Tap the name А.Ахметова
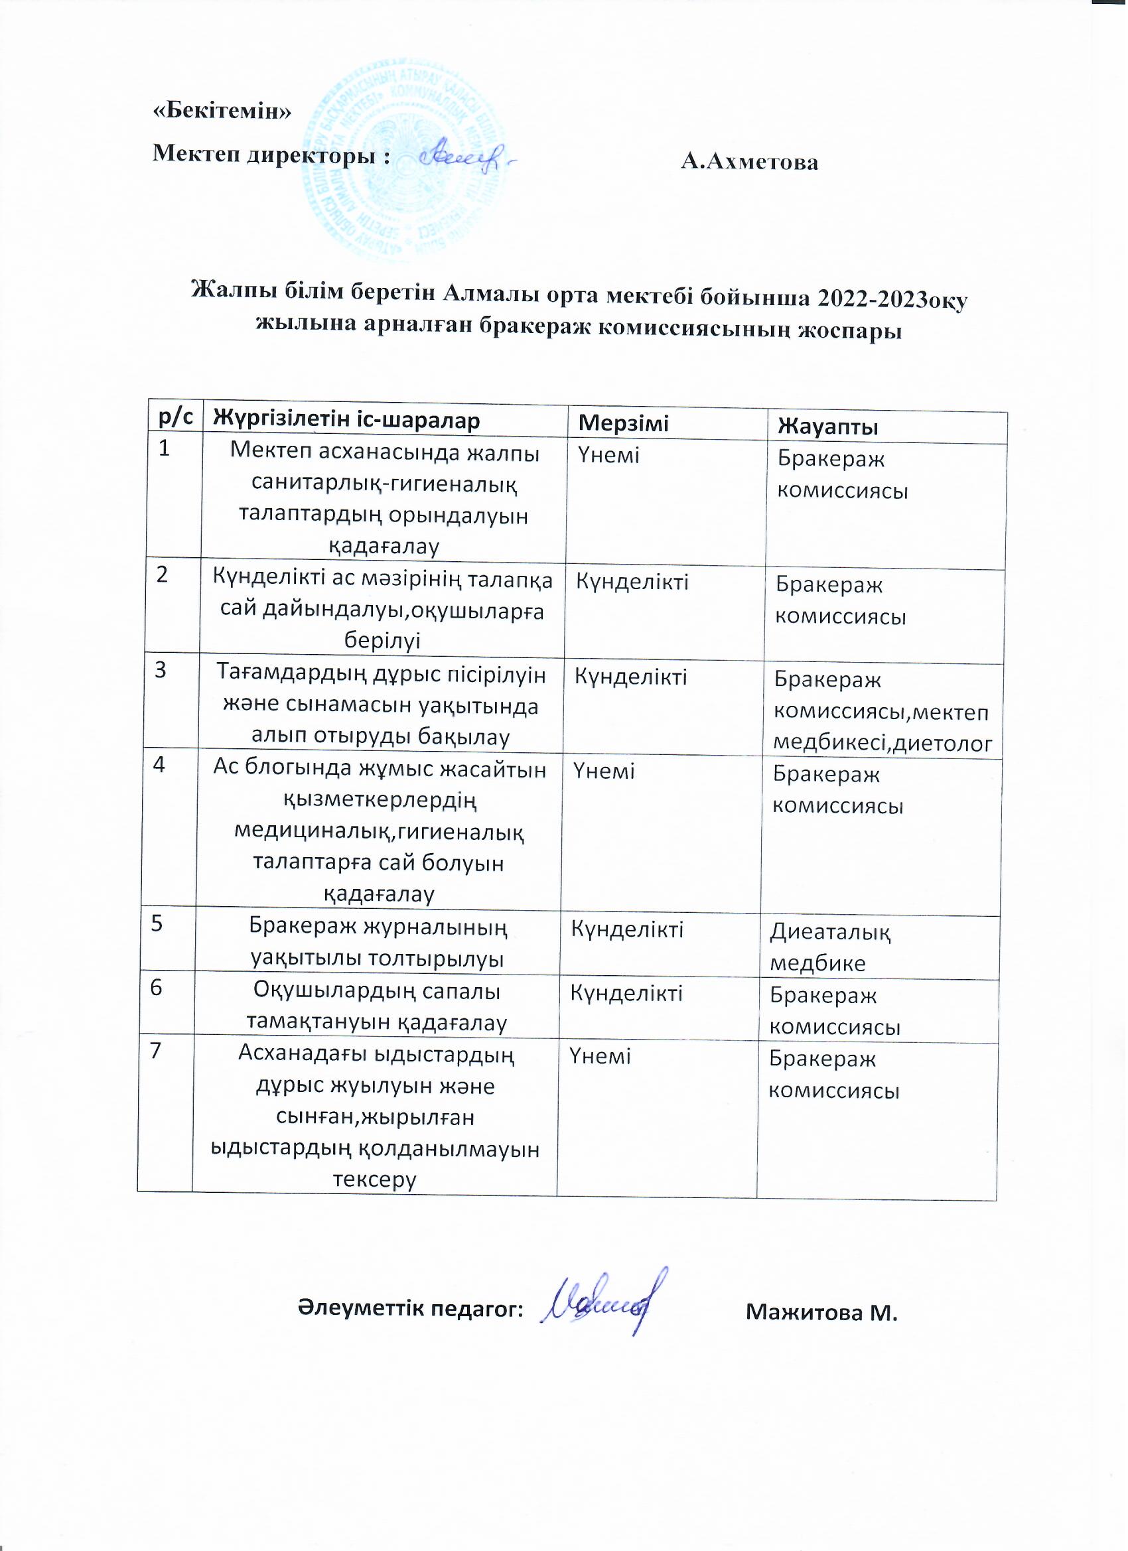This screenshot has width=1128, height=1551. [750, 162]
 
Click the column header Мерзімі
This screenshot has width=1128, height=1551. [623, 423]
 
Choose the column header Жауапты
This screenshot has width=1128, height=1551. [827, 427]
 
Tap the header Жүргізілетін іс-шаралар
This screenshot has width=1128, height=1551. [347, 419]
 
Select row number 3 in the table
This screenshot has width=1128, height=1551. [161, 670]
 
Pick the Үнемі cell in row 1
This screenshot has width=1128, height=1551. [609, 455]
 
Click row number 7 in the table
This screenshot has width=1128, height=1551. [156, 1050]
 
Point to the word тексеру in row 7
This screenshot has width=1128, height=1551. [375, 1179]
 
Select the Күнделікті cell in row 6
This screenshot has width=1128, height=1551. [626, 993]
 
